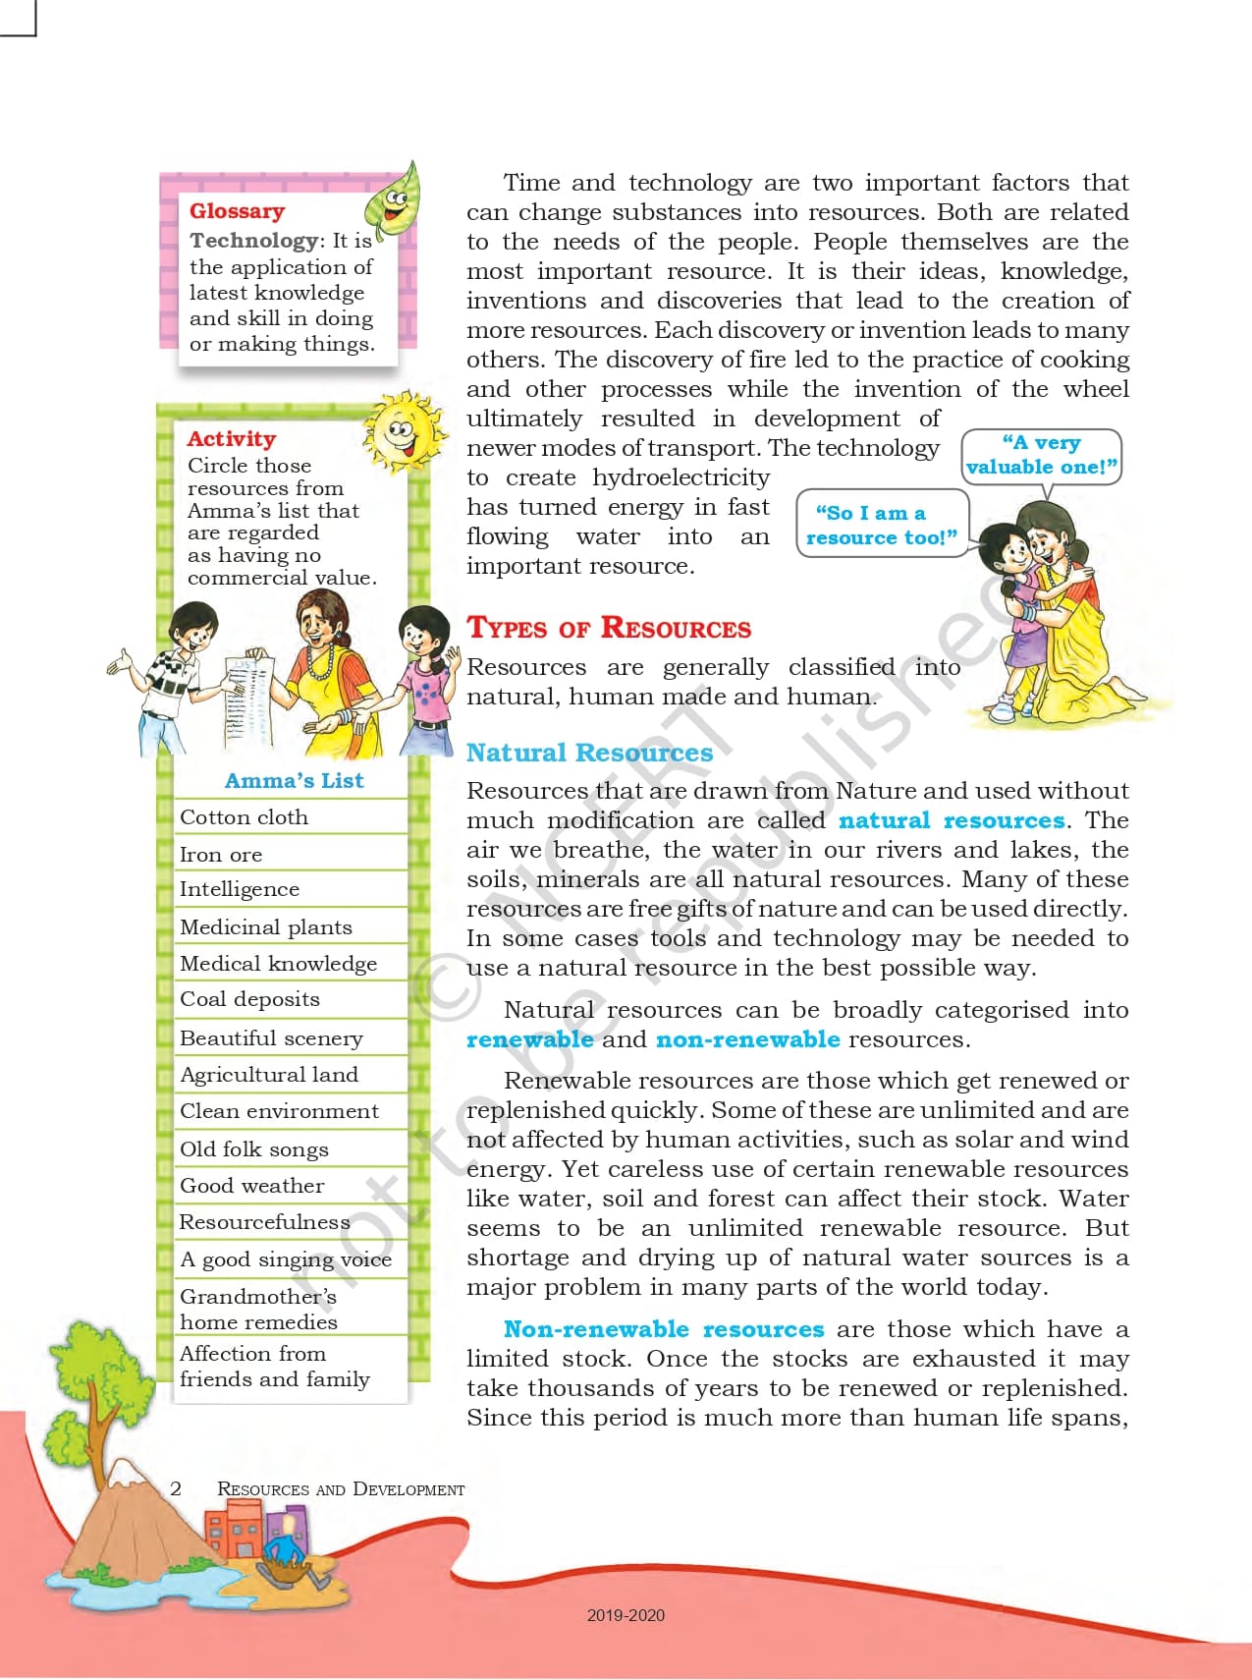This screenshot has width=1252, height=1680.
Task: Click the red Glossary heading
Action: [237, 211]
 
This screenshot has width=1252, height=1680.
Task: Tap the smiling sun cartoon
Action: [402, 432]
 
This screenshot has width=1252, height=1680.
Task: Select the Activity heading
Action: [232, 439]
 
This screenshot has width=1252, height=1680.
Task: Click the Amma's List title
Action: [294, 781]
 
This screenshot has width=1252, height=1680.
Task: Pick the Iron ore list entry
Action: [221, 855]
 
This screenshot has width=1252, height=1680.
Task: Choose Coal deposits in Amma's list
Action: [249, 999]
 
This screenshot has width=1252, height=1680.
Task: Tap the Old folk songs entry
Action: [253, 1149]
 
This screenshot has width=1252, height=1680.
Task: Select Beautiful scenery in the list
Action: [271, 1038]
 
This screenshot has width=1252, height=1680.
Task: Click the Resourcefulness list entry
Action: [264, 1222]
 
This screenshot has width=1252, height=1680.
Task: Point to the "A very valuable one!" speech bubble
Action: [1041, 456]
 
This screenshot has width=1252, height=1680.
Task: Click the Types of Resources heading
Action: [609, 629]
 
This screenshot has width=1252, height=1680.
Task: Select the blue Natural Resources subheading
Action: [589, 754]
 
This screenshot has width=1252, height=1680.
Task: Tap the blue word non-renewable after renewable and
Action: [747, 1039]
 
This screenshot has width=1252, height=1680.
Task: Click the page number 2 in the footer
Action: [176, 1488]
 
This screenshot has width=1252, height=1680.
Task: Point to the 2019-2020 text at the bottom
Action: [626, 1615]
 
